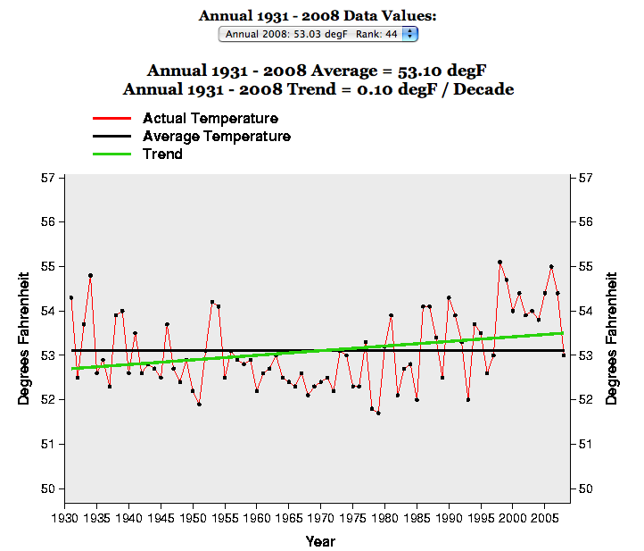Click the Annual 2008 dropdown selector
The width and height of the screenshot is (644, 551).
pos(318,34)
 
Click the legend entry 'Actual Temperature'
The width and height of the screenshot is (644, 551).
pos(210,119)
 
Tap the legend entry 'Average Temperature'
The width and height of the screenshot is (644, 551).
pos(216,137)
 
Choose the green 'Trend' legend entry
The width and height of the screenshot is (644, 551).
pos(162,154)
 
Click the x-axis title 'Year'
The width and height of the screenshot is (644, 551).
pos(320,540)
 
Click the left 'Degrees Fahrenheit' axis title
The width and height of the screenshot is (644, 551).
pos(24,333)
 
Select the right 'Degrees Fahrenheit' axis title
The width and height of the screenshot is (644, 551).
pos(612,333)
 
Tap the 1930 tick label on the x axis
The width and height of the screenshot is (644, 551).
pos(65,517)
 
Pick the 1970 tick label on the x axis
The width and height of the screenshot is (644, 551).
pos(320,517)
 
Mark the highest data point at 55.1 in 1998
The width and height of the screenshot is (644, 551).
pos(500,262)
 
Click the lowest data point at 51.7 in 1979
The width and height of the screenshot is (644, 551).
pos(378,413)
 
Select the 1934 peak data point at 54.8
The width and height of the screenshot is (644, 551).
pos(90,275)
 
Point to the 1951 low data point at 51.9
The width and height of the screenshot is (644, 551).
pos(199,404)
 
